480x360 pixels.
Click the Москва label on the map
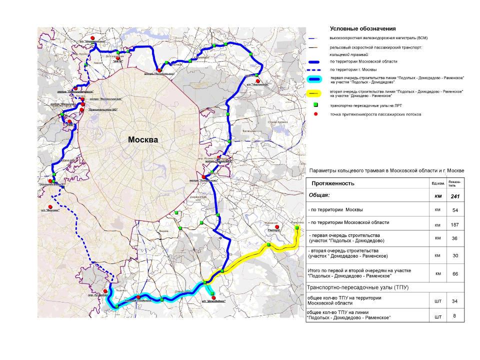[143, 140]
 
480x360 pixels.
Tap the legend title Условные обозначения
[362, 29]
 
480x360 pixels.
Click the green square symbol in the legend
[315, 105]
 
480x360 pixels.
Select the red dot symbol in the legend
[315, 114]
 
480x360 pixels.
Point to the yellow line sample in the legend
[315, 93]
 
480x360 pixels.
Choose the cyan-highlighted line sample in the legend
[315, 79]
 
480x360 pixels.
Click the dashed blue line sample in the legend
[315, 69]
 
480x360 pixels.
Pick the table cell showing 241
[455, 196]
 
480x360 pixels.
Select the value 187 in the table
[455, 224]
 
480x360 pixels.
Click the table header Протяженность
[333, 183]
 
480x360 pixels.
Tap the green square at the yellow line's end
[296, 227]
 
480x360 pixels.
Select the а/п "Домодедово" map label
[213, 301]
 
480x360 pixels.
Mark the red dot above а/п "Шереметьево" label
[92, 37]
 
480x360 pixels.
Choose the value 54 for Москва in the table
[455, 210]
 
